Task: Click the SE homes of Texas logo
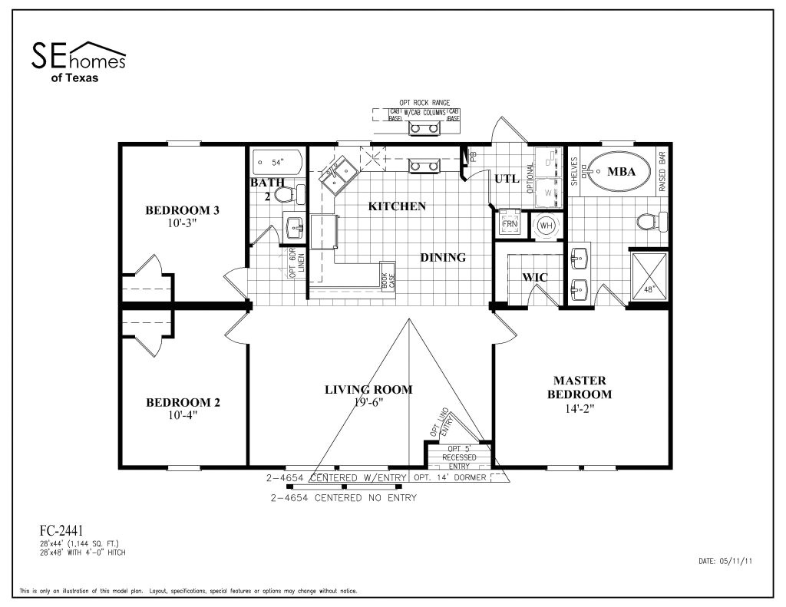78,61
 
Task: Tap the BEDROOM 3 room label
183,216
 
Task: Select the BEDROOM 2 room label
183,408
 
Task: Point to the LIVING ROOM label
368,390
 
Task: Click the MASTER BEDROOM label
580,388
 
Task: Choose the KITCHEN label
397,206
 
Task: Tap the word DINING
443,258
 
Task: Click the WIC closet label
534,277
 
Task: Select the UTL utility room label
507,179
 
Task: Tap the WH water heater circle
547,226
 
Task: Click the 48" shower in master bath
649,278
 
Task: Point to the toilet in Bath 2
285,195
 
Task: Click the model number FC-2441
61,529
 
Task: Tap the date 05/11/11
725,561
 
